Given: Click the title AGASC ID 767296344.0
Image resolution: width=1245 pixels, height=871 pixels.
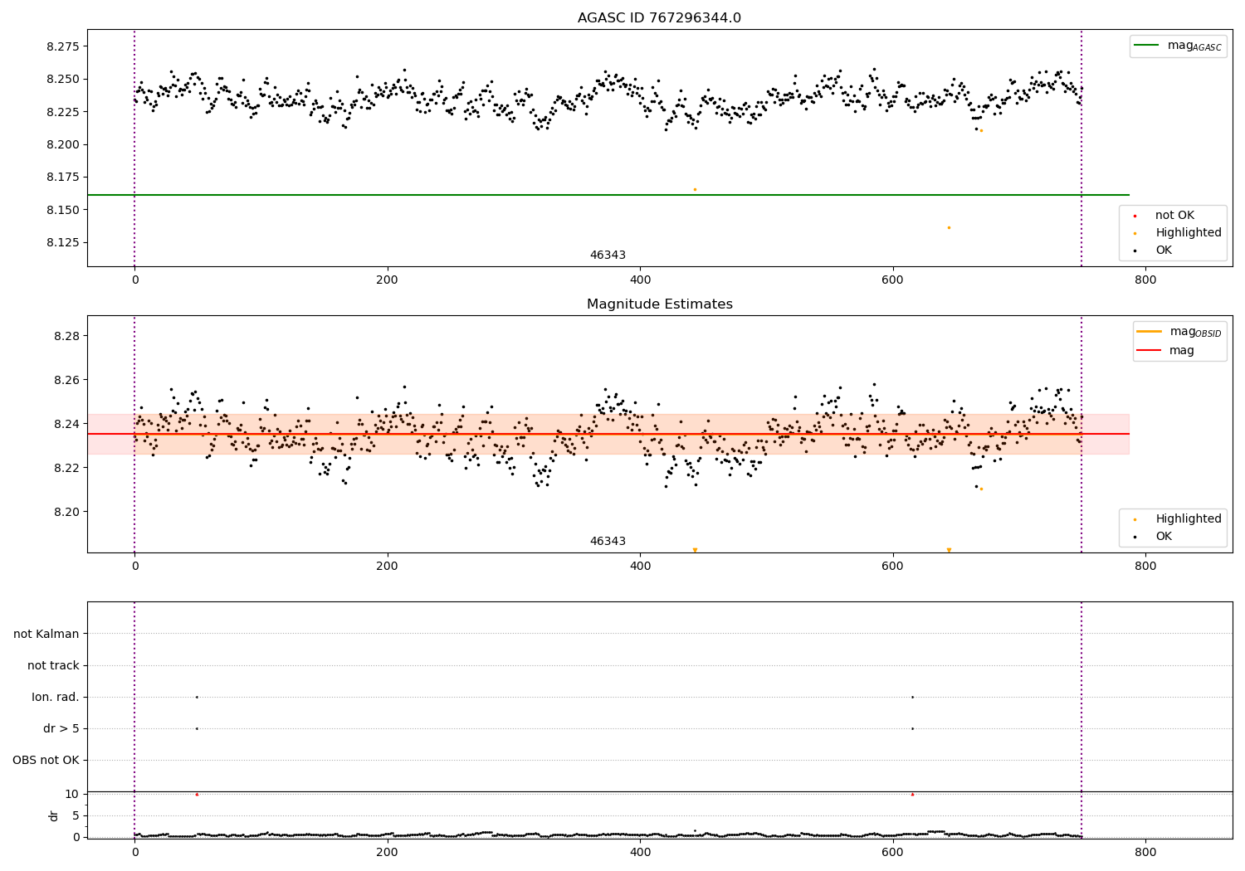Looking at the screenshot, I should tap(659, 18).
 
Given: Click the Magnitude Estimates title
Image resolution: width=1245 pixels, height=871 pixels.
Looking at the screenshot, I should tap(659, 304).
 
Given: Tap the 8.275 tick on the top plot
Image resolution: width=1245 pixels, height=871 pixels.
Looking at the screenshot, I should tap(63, 46).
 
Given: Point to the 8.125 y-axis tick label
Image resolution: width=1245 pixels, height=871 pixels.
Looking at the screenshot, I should tap(63, 243).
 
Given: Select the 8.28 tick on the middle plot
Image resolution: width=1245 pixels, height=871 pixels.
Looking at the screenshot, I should tap(66, 336).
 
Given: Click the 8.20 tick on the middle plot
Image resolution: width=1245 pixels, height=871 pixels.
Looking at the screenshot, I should tap(66, 512).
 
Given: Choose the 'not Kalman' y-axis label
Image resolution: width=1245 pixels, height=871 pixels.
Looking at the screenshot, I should tap(46, 634).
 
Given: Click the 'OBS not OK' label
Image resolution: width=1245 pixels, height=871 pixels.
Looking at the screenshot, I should tap(46, 760).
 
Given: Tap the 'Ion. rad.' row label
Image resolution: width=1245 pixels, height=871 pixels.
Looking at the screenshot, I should tap(56, 697).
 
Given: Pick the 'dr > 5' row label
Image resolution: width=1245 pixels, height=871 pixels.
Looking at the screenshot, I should tap(61, 728).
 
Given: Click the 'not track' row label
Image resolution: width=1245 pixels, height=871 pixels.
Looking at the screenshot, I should tap(53, 665).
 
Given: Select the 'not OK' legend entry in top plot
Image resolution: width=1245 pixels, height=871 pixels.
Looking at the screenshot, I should tap(1174, 216).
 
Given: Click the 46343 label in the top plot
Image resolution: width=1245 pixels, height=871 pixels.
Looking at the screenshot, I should tap(608, 255).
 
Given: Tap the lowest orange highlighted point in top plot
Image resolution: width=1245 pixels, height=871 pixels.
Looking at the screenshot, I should tap(949, 227).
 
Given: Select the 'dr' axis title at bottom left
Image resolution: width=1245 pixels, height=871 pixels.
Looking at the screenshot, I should tap(54, 815).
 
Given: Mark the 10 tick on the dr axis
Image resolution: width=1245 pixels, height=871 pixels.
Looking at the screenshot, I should tap(71, 794).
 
